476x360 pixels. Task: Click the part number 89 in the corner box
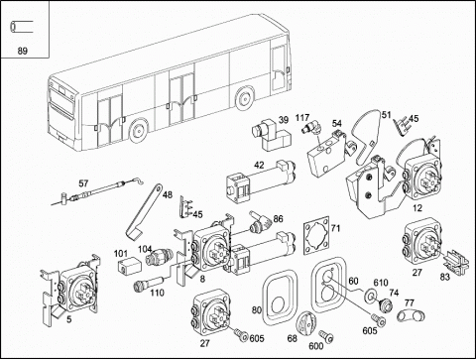click(x=22, y=51)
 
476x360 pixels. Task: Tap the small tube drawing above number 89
click(x=22, y=27)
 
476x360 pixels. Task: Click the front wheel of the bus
click(x=138, y=130)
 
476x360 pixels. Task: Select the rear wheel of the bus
click(x=244, y=98)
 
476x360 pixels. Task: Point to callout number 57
click(x=83, y=182)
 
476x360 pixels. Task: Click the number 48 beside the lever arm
click(x=168, y=194)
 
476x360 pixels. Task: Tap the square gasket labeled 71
click(x=316, y=236)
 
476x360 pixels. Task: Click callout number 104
click(x=145, y=249)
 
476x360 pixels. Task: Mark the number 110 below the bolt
click(x=157, y=293)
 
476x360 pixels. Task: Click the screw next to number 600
click(x=326, y=335)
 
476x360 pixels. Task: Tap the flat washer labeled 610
click(x=369, y=295)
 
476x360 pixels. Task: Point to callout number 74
click(x=394, y=293)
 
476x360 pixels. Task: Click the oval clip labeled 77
click(x=411, y=315)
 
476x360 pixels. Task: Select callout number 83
click(x=445, y=277)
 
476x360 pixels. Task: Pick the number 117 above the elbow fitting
click(x=302, y=117)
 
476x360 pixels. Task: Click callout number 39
click(x=284, y=120)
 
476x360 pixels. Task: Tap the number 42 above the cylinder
click(x=259, y=165)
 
